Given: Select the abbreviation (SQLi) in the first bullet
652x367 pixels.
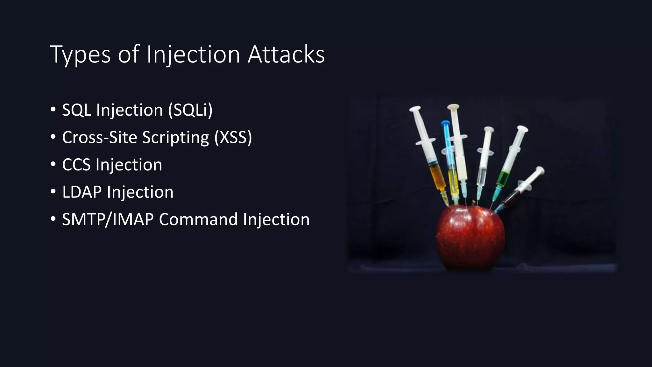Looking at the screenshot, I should pos(190,110).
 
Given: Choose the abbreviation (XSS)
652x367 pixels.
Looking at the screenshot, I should pos(233,138).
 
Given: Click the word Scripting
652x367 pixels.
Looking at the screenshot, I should pos(175,138).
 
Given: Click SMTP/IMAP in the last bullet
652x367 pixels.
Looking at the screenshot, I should pos(108,220).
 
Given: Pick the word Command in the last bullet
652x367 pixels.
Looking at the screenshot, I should pos(198,220).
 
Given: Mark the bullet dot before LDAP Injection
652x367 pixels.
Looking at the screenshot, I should pos(53,192).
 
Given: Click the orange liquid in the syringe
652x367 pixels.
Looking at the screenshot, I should pos(436,177).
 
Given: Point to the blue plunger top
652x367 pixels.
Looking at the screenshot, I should pos(445,123).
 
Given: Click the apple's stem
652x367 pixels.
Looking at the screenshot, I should pos(474,203).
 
